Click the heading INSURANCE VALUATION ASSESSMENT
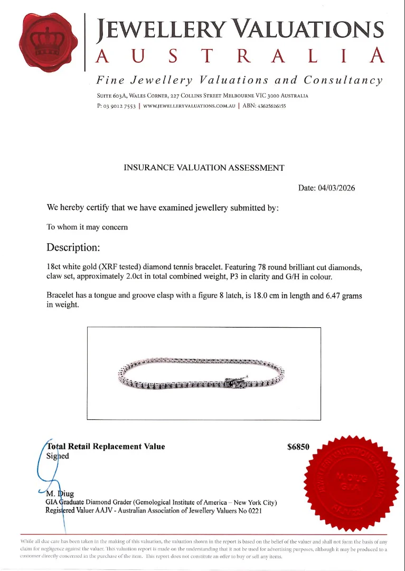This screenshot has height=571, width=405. coord(204,168)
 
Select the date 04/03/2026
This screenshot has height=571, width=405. coord(336,188)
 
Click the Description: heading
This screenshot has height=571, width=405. coord(73,247)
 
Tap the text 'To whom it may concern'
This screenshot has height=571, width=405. coord(87,227)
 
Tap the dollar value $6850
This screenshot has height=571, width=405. coord(298,447)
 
